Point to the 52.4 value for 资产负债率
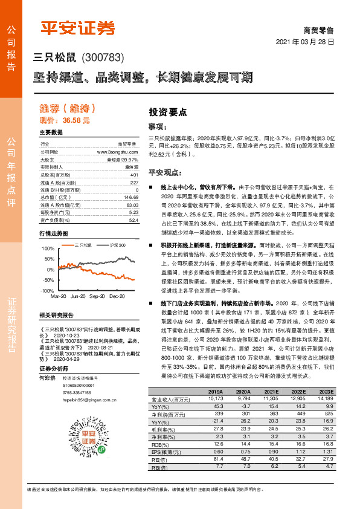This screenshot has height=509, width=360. [133, 221]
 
